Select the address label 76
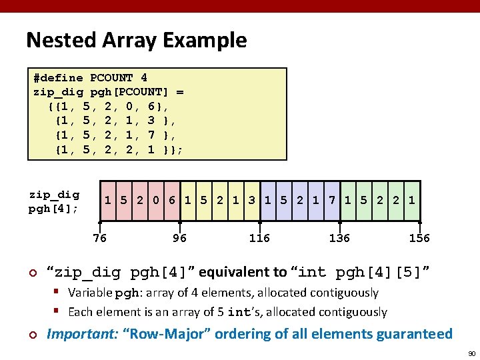99,238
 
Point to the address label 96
179,238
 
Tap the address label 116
259,238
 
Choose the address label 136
339,238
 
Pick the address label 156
419,238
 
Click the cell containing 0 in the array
155,201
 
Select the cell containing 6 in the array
171,201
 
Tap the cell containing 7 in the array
332,201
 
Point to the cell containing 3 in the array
252,201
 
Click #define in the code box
58,78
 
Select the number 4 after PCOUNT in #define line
144,78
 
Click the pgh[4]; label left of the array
53,209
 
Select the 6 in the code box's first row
151,107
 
